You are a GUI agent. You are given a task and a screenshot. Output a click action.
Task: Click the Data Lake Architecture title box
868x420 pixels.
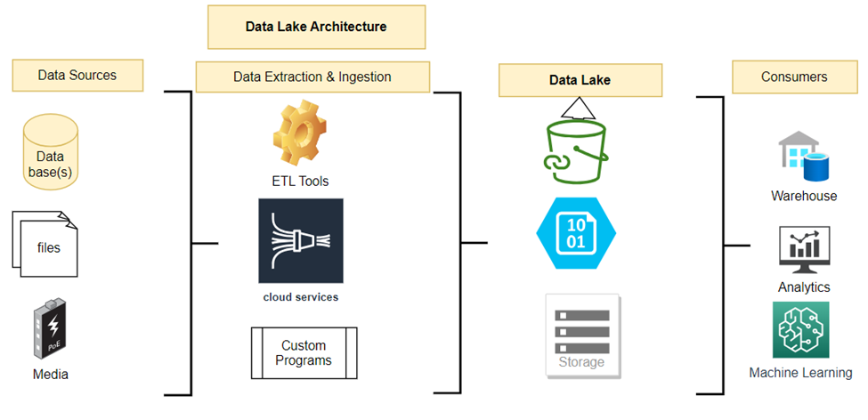coord(316,27)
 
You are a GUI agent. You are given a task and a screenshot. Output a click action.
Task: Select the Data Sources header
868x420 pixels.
coord(77,76)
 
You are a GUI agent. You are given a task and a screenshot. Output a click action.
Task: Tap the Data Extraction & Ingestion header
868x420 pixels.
coord(312,77)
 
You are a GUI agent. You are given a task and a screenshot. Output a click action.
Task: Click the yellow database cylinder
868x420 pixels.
coord(50,152)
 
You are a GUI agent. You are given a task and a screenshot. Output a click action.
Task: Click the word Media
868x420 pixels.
coord(50,374)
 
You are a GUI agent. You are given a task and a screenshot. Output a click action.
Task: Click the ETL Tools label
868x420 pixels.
coord(300,182)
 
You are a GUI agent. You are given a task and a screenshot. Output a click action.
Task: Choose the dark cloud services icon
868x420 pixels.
coord(300,240)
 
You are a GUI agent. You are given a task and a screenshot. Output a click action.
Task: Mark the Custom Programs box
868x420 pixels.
coord(304,353)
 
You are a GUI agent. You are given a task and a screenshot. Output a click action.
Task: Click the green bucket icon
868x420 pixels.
coord(579,146)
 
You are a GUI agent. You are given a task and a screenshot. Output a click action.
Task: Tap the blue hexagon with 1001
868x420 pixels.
coord(576,232)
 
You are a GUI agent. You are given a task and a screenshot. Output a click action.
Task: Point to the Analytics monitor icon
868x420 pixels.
coord(803,250)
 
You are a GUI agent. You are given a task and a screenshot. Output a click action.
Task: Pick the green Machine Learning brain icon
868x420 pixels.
coord(800,329)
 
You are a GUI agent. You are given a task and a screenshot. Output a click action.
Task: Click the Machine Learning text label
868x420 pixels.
coord(800,373)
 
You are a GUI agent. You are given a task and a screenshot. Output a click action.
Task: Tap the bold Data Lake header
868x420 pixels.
coord(580,80)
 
